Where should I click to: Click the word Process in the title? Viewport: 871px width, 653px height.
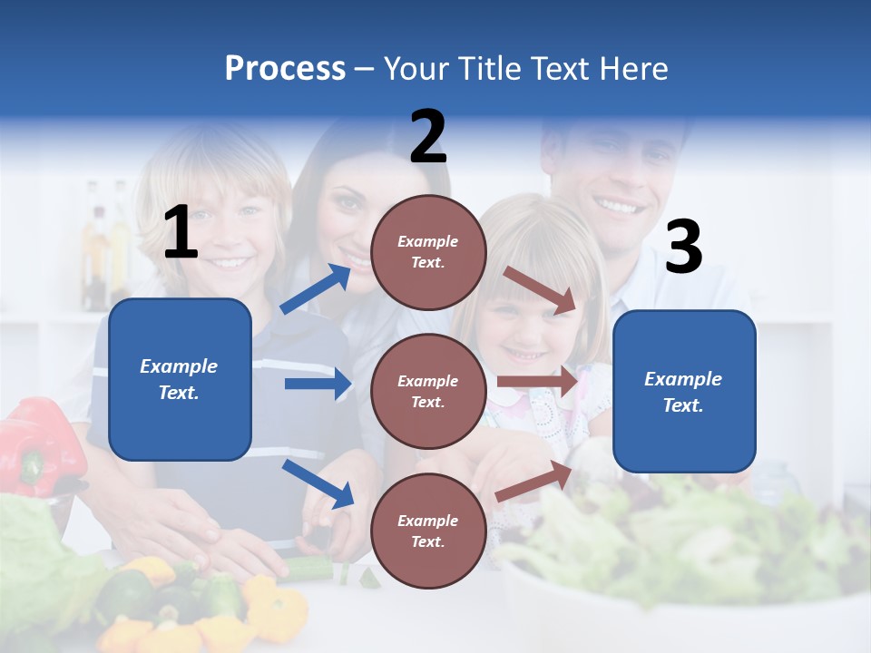coord(285,69)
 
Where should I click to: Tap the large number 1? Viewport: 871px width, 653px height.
coord(181,233)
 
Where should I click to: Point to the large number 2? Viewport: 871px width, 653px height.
coord(428,137)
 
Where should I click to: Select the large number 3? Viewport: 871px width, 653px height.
coord(683,248)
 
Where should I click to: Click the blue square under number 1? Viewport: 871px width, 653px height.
coord(180,379)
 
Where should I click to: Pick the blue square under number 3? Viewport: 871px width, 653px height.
coord(684,391)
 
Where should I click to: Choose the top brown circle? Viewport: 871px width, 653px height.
coord(428,252)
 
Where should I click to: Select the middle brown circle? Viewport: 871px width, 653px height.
coord(428,391)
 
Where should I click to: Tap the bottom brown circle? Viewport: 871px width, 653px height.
coord(428,531)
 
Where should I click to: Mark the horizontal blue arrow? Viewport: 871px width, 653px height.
coord(318,384)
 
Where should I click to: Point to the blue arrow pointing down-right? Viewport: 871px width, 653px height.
coord(318,483)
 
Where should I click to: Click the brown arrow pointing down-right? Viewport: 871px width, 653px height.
coord(541,289)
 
